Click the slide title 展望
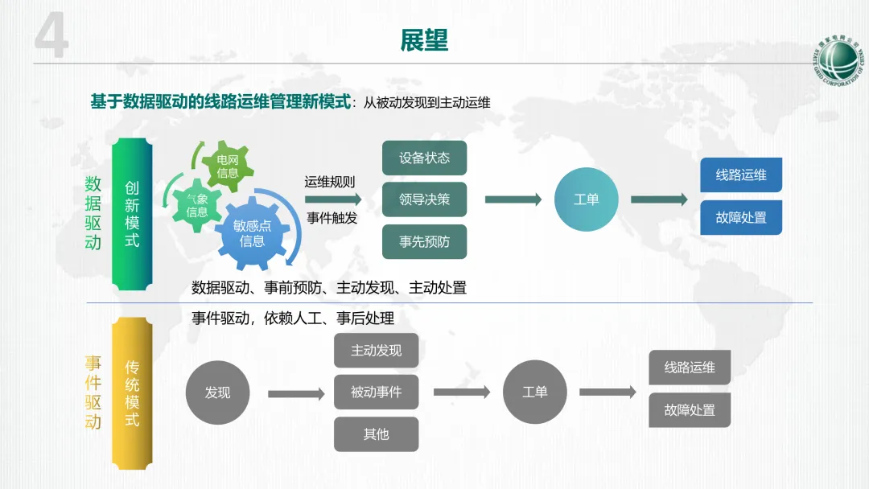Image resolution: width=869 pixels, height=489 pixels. click(424, 40)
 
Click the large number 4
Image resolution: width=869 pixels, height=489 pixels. click(51, 39)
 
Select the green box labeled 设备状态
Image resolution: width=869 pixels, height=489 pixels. click(424, 158)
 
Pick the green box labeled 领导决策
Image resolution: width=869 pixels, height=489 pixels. click(424, 199)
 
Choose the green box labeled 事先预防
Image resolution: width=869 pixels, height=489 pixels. click(424, 241)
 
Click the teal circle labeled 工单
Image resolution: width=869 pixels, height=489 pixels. click(586, 199)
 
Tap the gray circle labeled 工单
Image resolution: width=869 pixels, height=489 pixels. click(534, 392)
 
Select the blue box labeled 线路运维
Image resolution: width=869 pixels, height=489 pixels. click(741, 175)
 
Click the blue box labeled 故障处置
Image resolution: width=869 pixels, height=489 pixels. click(741, 217)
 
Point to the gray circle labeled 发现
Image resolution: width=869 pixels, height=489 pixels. click(217, 392)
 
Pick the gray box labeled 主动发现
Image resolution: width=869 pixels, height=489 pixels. click(376, 351)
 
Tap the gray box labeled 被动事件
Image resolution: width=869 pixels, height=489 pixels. click(376, 392)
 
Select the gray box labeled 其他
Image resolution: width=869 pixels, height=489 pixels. click(376, 434)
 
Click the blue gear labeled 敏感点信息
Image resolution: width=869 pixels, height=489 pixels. click(252, 232)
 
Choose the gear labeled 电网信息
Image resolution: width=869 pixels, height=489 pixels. click(228, 166)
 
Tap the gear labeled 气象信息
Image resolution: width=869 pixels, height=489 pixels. click(197, 205)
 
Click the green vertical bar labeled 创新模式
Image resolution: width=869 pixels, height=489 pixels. click(132, 214)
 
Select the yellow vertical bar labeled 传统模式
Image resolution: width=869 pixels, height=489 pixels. click(132, 392)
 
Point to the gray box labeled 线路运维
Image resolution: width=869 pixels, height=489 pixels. click(690, 368)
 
